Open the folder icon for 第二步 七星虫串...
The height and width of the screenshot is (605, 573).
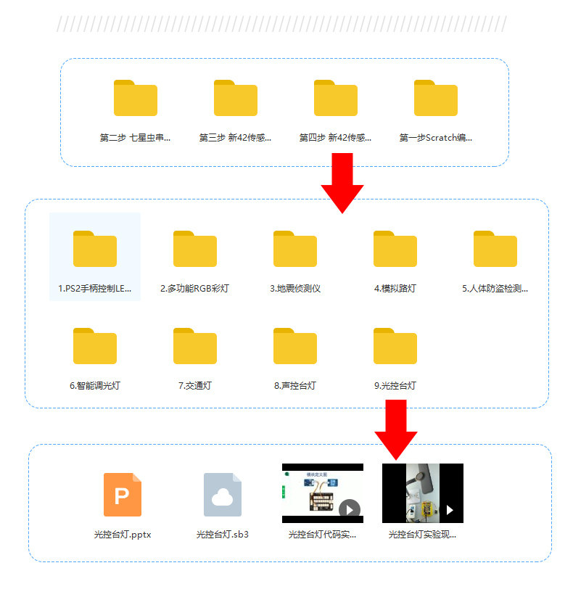(x=136, y=98)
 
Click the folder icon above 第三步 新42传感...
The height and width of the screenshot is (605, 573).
(x=236, y=98)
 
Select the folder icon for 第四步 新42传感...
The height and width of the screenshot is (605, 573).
(x=336, y=98)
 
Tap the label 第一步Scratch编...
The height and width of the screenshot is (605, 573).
(x=436, y=138)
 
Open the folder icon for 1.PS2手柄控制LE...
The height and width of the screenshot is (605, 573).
(x=95, y=249)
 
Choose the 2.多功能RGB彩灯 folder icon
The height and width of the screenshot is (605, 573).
(x=195, y=249)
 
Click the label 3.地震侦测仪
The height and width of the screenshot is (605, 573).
(x=295, y=289)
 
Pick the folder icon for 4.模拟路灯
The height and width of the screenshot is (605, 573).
(x=395, y=249)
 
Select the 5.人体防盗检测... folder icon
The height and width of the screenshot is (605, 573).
(x=495, y=249)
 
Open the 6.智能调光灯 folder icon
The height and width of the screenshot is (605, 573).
(x=95, y=346)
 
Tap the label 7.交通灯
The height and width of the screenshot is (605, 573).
(x=195, y=386)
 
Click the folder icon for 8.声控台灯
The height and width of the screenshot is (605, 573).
(x=295, y=346)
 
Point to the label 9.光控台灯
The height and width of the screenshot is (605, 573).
(x=395, y=386)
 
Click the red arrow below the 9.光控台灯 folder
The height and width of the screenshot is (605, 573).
(x=396, y=429)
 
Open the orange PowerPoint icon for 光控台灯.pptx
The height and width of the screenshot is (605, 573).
(x=123, y=495)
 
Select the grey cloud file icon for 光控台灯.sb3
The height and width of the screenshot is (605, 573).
(x=223, y=495)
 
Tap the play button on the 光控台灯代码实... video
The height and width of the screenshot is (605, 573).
(x=350, y=510)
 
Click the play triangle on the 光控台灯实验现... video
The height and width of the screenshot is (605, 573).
(x=450, y=510)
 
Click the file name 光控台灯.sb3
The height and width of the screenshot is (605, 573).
(x=223, y=535)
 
